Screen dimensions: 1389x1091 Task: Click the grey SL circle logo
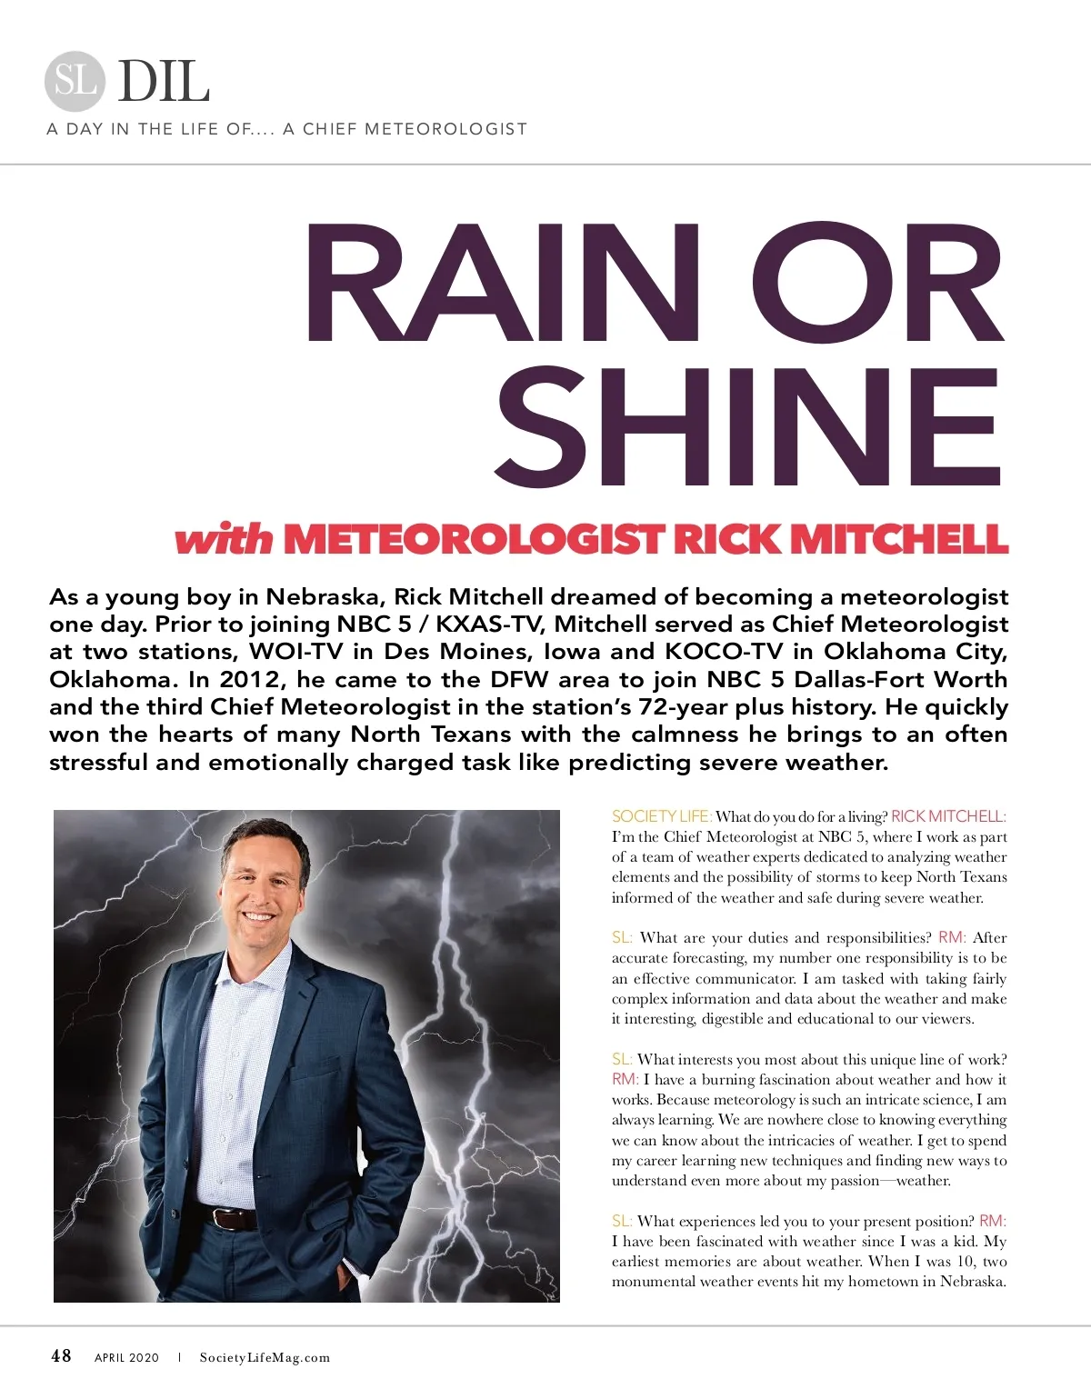[75, 81]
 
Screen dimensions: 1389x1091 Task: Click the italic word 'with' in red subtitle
[224, 539]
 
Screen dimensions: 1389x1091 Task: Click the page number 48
[61, 1356]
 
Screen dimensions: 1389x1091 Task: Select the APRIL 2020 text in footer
[126, 1358]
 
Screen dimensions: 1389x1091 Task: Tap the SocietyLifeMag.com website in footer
[265, 1358]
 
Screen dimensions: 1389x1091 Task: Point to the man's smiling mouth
[256, 916]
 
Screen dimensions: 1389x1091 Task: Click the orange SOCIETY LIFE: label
[661, 816]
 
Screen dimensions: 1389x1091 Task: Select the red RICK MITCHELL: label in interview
[948, 816]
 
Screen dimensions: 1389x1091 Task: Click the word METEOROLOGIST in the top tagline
[445, 129]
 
